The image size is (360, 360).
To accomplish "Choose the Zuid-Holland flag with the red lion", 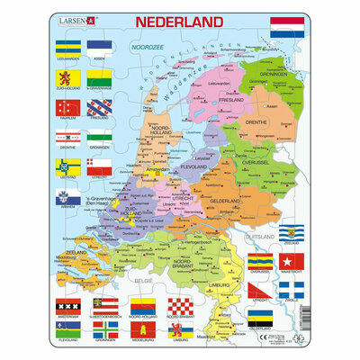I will pyautogui.click(x=69, y=79).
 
